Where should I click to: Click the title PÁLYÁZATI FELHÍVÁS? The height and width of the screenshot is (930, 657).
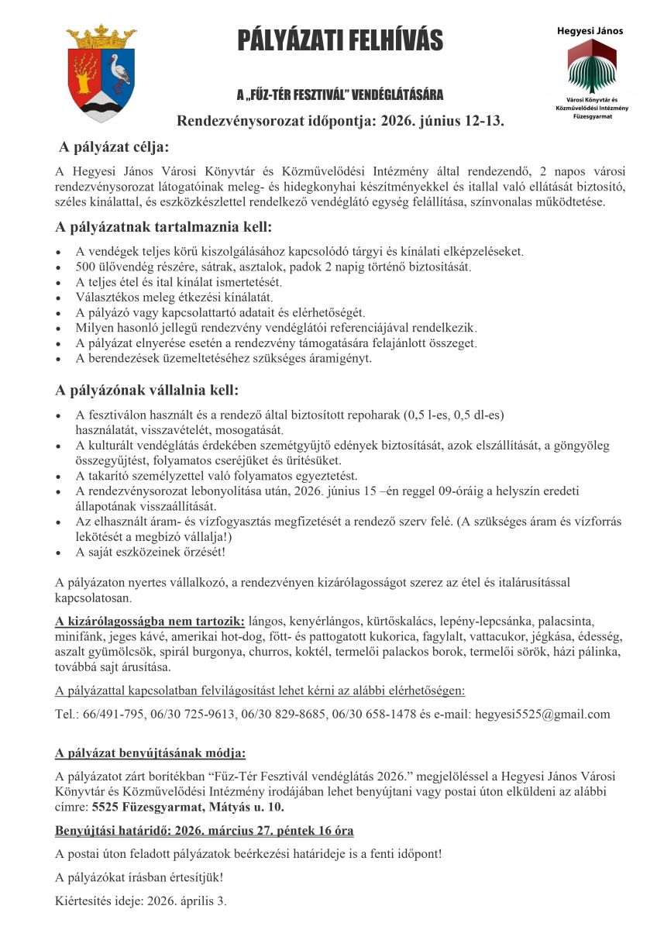[x=340, y=40]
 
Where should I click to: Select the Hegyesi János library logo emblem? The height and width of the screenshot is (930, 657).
[x=592, y=65]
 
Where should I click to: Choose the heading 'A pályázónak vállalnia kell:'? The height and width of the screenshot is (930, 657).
[x=147, y=390]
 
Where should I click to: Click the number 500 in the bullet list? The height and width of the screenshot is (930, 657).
[x=86, y=267]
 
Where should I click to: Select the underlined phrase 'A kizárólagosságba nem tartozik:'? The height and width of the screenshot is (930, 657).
[x=150, y=621]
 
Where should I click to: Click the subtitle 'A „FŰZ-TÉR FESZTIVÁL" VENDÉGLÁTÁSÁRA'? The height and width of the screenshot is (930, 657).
[x=340, y=95]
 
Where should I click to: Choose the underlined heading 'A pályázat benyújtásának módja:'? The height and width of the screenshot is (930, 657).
[x=150, y=753]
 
